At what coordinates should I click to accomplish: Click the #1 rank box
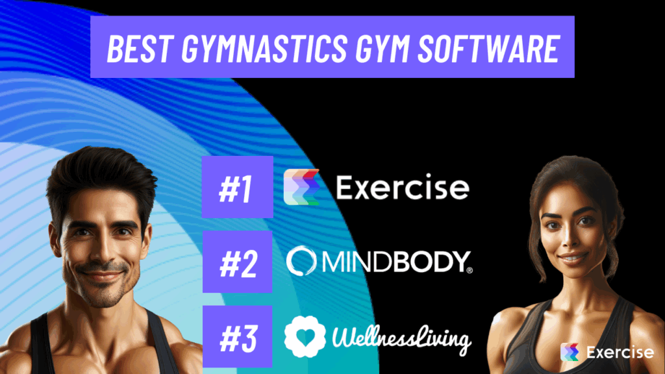236,187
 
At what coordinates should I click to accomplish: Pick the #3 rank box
236,336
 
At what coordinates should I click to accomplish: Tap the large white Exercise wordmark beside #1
402,188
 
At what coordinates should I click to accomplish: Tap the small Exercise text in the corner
620,353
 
